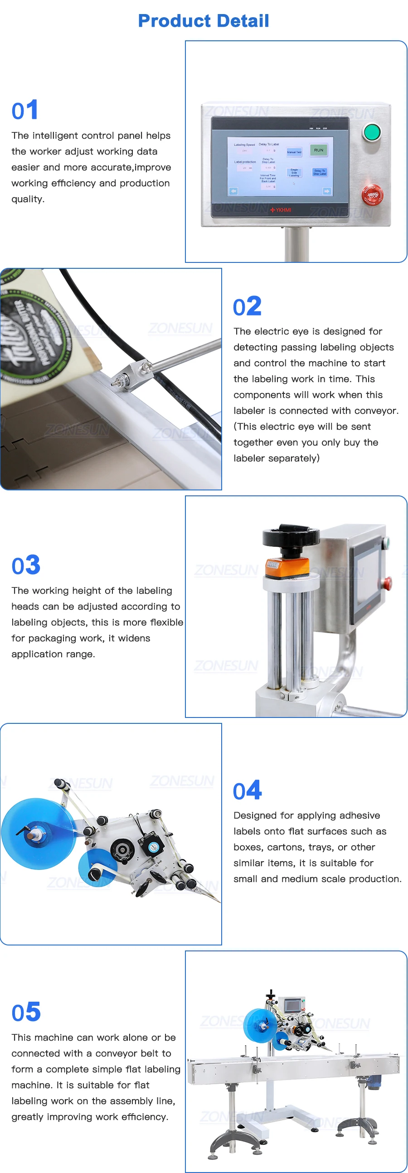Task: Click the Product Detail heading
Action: point(204,20)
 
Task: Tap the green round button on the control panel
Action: point(372,132)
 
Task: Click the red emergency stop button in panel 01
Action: point(373,195)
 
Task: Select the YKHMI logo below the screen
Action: point(281,210)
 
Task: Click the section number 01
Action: point(24,111)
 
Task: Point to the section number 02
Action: point(247,306)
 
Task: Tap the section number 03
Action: point(26,566)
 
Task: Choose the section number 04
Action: point(247,790)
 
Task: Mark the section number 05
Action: point(26,1012)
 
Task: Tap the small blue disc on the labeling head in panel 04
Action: point(98,868)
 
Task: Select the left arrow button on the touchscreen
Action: point(233,191)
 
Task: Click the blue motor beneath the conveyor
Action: point(374,1081)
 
